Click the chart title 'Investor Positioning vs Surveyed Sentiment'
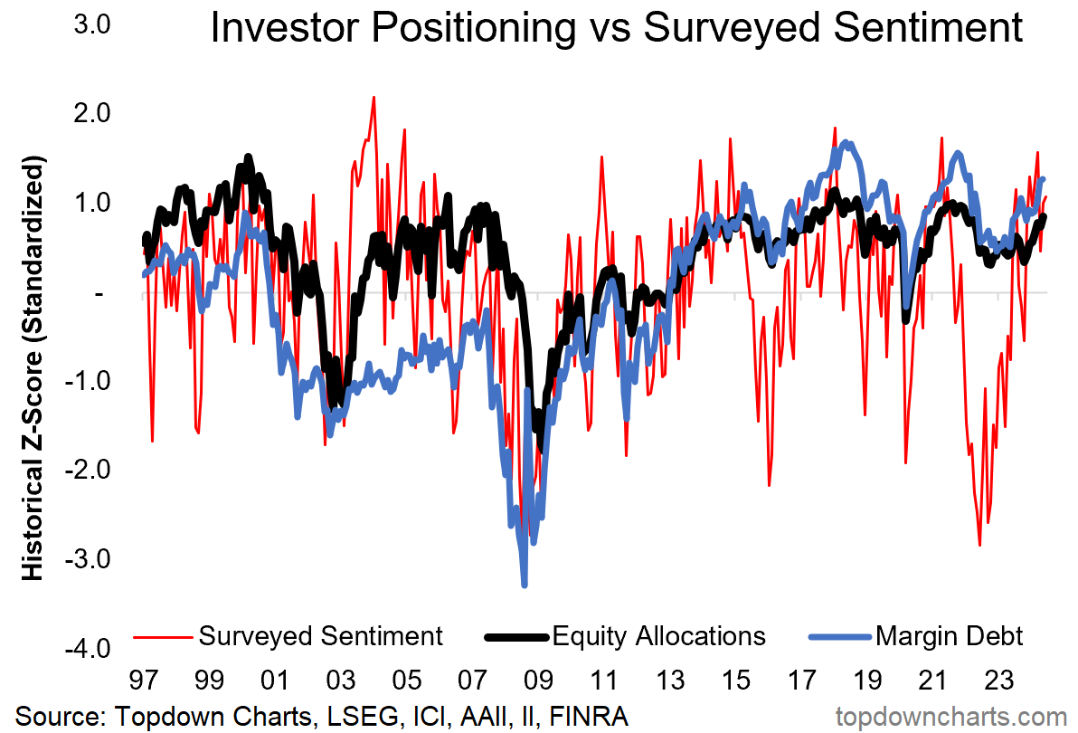tap(616, 29)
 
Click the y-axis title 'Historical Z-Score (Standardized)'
tap(33, 371)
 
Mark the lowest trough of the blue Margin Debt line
tap(525, 585)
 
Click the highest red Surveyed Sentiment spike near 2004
tap(374, 97)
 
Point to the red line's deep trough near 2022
tap(979, 545)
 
